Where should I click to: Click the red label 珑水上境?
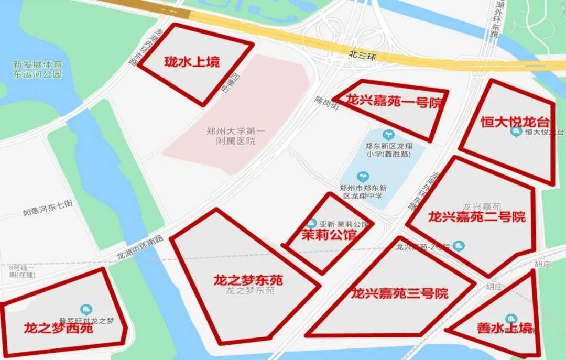(192, 62)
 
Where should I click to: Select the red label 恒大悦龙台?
(515, 122)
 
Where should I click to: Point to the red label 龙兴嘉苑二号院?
(476, 216)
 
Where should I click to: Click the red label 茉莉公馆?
(329, 235)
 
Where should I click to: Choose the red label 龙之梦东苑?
(248, 280)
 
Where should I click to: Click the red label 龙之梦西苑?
(58, 329)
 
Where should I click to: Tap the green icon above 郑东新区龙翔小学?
(388, 134)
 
